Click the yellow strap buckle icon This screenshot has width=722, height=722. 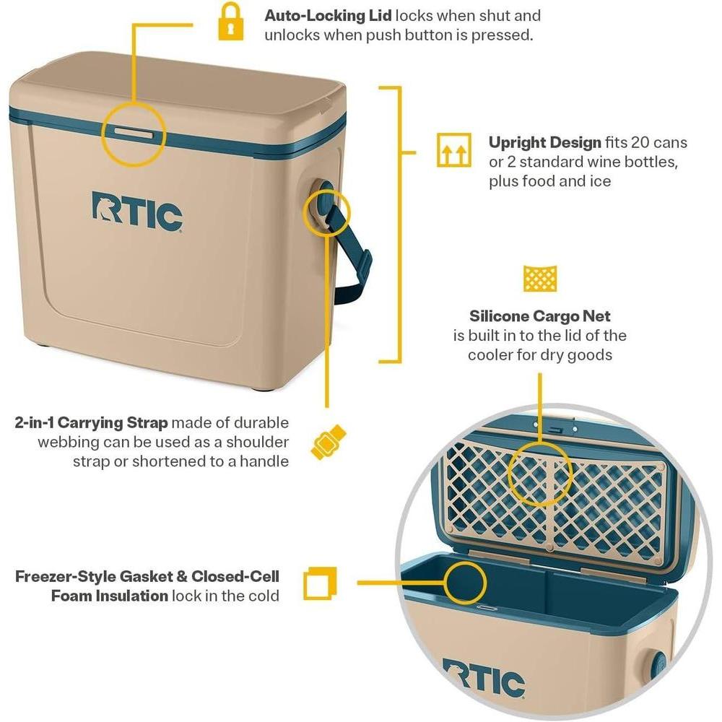click(x=328, y=442)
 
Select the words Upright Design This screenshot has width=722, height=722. click(x=545, y=142)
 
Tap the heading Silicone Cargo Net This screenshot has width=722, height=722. click(x=540, y=316)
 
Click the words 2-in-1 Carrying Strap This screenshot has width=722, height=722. click(x=91, y=422)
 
